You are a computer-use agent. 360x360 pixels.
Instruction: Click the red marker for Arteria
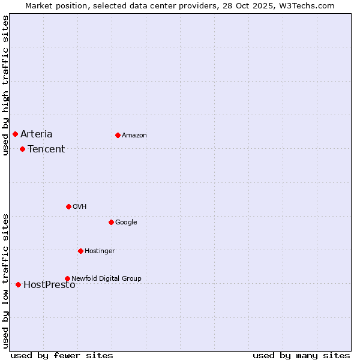pos(15,134)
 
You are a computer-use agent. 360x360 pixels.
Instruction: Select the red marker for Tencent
pos(22,149)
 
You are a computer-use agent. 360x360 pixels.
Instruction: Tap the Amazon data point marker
pos(118,135)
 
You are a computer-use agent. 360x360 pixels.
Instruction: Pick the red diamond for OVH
pos(68,206)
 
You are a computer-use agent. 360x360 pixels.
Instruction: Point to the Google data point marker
pos(111,222)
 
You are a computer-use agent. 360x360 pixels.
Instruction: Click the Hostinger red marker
pos(80,251)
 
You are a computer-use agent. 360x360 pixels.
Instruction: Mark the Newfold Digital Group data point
pos(67,278)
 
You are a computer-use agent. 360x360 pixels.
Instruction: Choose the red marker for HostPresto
pos(18,284)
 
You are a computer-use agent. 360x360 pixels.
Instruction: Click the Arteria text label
pos(37,134)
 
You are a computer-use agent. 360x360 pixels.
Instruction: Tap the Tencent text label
pos(46,149)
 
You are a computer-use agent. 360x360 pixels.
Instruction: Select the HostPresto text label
pos(49,285)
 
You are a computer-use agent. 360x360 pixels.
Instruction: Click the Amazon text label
pos(134,135)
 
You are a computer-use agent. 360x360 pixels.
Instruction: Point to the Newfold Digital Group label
pos(107,278)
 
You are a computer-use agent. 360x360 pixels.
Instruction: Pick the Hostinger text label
pos(100,251)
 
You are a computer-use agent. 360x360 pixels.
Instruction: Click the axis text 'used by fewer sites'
pos(62,355)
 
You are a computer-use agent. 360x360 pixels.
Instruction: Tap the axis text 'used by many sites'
pos(301,355)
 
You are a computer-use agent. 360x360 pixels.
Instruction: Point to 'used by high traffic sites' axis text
pos(5,85)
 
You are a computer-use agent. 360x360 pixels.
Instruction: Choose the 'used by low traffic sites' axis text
pos(5,280)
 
